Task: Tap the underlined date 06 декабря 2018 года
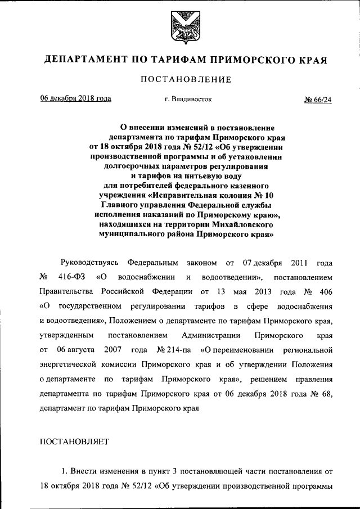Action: point(75,99)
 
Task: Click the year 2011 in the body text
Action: point(299,263)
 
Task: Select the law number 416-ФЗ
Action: point(70,277)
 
